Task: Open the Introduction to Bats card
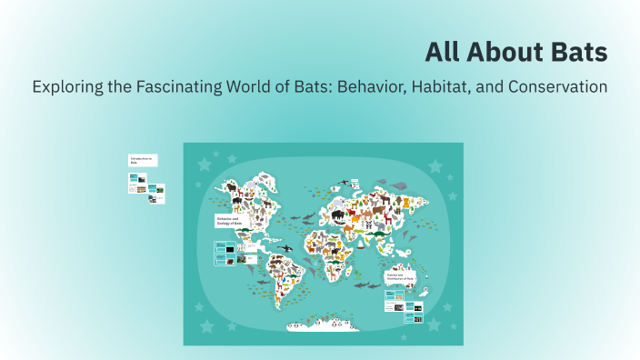[142, 160]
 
